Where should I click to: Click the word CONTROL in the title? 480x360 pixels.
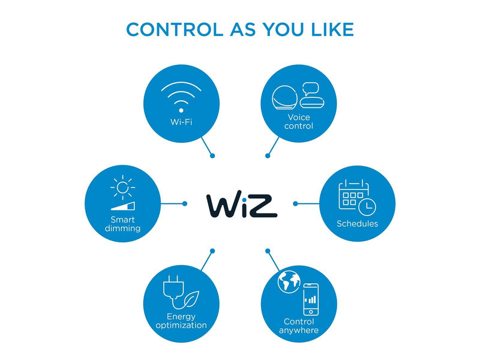(x=175, y=29)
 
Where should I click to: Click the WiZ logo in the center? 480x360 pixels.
(x=242, y=205)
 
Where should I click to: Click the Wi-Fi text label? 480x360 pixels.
(x=181, y=122)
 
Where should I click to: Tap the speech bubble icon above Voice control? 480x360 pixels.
(x=311, y=89)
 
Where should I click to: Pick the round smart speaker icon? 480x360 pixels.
(x=284, y=97)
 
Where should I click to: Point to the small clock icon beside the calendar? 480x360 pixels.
(x=367, y=206)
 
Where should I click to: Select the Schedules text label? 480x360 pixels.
(x=357, y=223)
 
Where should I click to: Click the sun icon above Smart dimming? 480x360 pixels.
(x=122, y=187)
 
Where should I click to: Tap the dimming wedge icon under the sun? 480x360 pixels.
(x=123, y=206)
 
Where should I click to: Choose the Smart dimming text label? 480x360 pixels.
(x=122, y=224)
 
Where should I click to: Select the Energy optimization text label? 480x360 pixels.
(x=181, y=320)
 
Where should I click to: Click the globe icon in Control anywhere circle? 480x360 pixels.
(x=289, y=281)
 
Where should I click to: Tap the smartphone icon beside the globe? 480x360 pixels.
(x=311, y=299)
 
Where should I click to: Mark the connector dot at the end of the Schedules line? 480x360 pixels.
(x=295, y=203)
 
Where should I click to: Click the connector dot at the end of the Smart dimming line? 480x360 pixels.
(x=185, y=203)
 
